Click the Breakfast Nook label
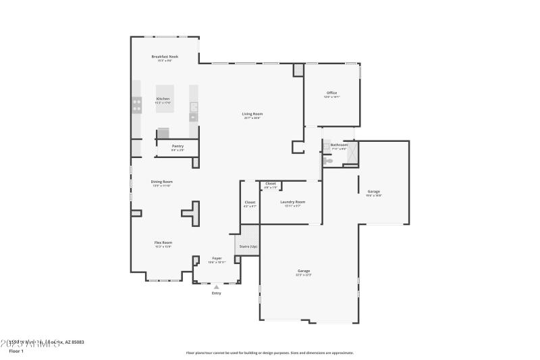[165, 58]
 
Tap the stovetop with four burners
[136, 105]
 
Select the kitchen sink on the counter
[194, 107]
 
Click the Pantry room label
[178, 147]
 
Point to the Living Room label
[252, 115]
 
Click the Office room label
[331, 94]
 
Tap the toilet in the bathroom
[328, 161]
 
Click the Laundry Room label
[293, 203]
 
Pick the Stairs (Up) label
[248, 247]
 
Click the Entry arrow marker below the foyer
[216, 287]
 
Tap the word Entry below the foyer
[216, 293]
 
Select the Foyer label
[217, 259]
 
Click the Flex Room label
[163, 243]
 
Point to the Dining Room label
[161, 182]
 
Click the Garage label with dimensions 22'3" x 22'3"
[304, 272]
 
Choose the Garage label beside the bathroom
[373, 192]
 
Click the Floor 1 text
[16, 351]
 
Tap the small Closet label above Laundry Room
[270, 184]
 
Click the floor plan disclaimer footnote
[269, 353]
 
